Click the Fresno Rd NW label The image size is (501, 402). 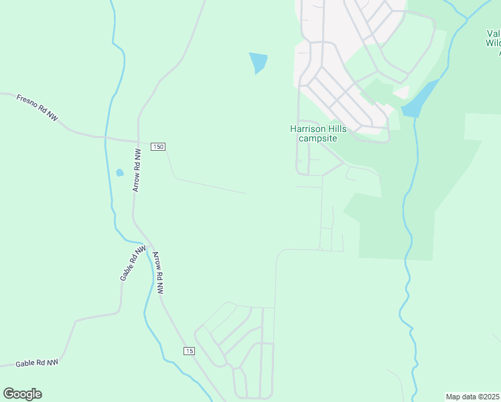tap(37, 108)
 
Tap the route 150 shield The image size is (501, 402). tap(158, 147)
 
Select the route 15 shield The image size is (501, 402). tap(190, 351)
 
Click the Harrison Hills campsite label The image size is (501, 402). tap(317, 133)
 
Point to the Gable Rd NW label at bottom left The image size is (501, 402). tap(37, 363)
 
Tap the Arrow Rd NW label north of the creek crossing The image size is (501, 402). tap(138, 171)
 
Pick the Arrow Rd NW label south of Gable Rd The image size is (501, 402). tap(157, 273)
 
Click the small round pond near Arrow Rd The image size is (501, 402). tap(120, 172)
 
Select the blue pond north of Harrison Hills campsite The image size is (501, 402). tap(258, 62)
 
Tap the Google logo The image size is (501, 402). tap(22, 394)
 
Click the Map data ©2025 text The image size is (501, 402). tap(472, 396)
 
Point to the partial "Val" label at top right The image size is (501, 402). tap(494, 33)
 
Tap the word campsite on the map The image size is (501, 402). tap(317, 138)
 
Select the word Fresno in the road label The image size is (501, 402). tap(27, 102)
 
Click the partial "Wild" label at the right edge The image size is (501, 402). tap(494, 43)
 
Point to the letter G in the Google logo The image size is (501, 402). tap(9, 394)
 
